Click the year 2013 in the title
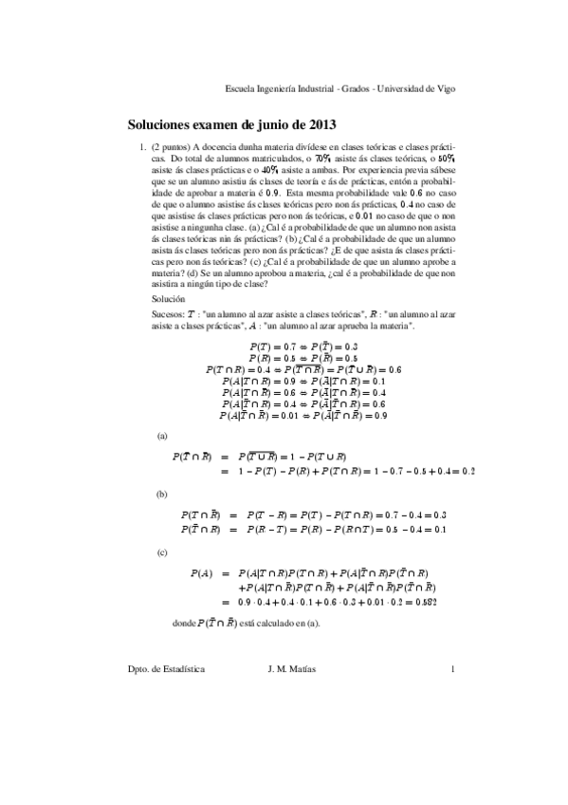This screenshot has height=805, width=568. click(x=320, y=124)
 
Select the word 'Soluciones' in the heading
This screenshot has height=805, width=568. click(x=162, y=124)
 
